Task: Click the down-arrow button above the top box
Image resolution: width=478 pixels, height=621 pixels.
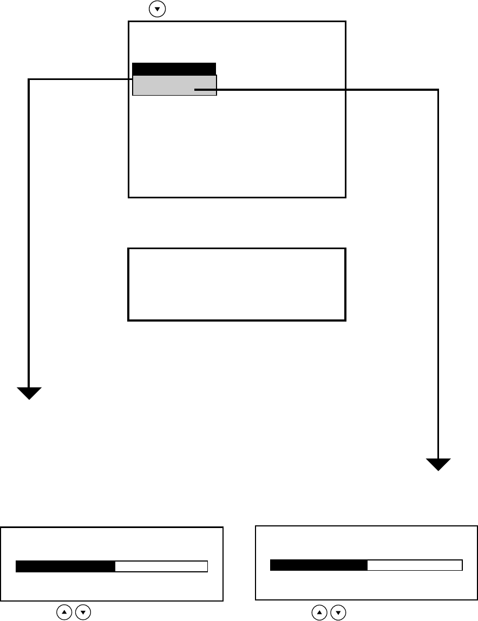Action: click(157, 10)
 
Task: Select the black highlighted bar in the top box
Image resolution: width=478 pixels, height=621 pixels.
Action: click(174, 69)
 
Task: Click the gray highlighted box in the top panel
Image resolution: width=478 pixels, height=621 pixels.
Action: click(162, 85)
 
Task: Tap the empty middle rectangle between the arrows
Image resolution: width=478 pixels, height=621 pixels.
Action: click(237, 284)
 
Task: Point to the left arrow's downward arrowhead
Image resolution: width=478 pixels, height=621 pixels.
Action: click(29, 393)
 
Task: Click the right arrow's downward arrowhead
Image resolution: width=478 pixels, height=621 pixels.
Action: click(438, 464)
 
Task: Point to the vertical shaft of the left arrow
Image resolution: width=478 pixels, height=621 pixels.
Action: click(29, 232)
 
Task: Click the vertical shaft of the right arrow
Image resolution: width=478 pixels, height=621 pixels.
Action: click(438, 270)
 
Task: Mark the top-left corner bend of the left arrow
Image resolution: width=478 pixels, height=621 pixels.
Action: click(29, 80)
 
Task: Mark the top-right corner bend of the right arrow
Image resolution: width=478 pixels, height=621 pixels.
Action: click(437, 90)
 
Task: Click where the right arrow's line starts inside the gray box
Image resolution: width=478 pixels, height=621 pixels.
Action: click(196, 90)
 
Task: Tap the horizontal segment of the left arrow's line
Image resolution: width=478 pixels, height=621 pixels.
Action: click(81, 80)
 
